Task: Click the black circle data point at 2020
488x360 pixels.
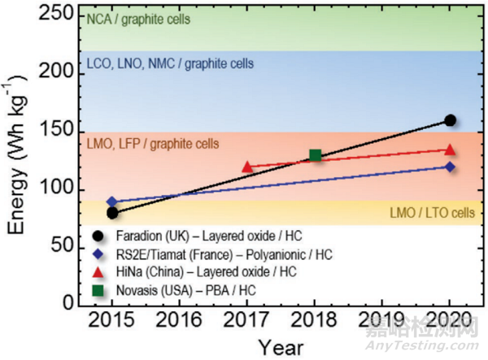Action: tap(450, 120)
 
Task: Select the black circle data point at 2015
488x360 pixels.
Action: tap(112, 213)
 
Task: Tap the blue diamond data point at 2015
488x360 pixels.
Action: tap(112, 202)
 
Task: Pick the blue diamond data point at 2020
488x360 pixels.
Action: tap(450, 167)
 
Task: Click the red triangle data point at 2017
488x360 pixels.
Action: tap(247, 167)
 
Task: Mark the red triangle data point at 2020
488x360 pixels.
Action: tap(450, 150)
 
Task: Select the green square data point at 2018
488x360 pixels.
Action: tap(316, 155)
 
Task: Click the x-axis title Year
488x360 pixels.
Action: tap(281, 347)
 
